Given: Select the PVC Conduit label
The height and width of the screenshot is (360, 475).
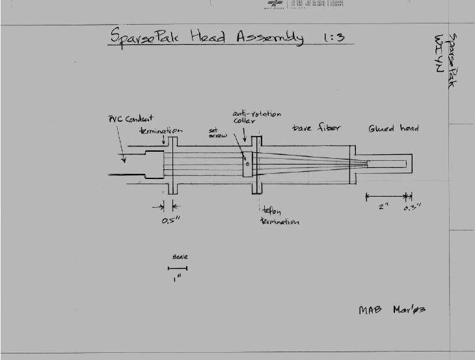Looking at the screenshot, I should tap(131, 119).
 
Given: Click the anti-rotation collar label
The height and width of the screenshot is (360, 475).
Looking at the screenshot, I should tap(256, 117).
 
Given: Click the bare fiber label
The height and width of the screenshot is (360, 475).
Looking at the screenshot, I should tap(316, 128).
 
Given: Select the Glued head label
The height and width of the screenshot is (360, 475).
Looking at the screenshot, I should tap(393, 128).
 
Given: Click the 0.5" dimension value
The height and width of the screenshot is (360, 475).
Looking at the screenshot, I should tap(170, 220).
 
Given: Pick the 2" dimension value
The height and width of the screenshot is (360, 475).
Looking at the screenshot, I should tap(384, 207).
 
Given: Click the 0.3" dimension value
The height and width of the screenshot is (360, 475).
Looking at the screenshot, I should tap(412, 207).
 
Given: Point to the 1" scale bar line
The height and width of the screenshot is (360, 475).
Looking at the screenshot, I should tap(177, 268).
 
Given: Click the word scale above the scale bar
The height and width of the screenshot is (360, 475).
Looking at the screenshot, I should tap(180, 257).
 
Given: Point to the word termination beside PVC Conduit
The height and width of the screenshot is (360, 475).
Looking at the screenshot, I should tap(160, 130).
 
